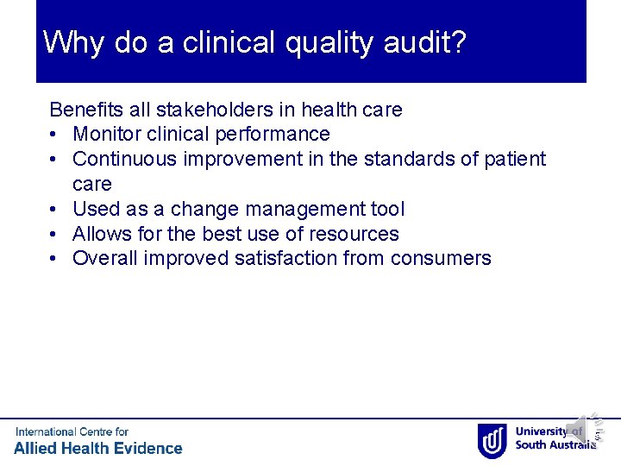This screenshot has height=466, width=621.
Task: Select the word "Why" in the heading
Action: click(x=74, y=41)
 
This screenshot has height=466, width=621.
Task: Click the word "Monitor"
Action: click(x=108, y=135)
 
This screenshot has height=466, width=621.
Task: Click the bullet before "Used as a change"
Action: click(x=54, y=210)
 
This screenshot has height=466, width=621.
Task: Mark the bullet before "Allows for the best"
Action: click(x=54, y=234)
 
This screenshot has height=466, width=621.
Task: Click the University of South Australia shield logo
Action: click(x=492, y=439)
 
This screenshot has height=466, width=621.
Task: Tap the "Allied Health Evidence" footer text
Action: click(x=98, y=448)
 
